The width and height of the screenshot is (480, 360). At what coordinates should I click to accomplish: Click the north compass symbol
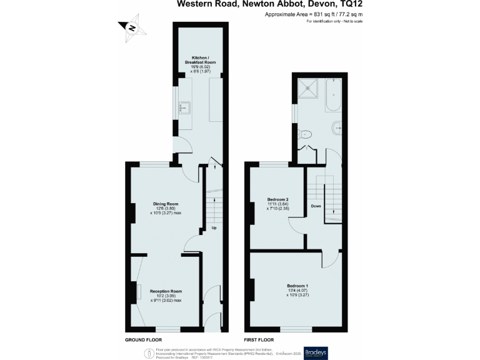[132, 27]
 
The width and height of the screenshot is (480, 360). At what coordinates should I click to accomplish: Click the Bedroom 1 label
[297, 286]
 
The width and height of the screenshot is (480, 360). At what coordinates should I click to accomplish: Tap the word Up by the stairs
[214, 227]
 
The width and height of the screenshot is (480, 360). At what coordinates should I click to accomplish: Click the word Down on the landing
[316, 206]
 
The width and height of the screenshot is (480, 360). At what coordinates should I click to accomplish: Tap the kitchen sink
[183, 108]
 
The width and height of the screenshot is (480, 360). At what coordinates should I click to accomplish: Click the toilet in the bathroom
[305, 133]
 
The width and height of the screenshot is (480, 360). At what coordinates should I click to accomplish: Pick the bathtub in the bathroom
[332, 97]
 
